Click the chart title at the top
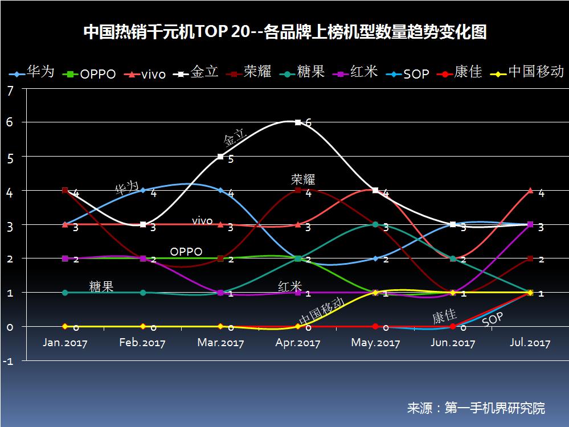(x=285, y=32)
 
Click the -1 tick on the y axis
(x=7, y=361)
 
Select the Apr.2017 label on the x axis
(x=298, y=343)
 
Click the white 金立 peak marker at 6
(x=298, y=122)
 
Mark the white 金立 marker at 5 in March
(x=220, y=156)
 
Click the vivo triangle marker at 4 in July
(x=531, y=190)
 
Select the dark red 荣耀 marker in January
(x=65, y=190)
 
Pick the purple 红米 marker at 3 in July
(x=531, y=224)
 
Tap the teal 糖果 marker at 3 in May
(x=375, y=224)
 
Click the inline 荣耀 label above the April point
(x=302, y=179)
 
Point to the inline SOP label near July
(x=493, y=319)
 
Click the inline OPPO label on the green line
(x=186, y=251)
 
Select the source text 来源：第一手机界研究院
(x=476, y=408)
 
